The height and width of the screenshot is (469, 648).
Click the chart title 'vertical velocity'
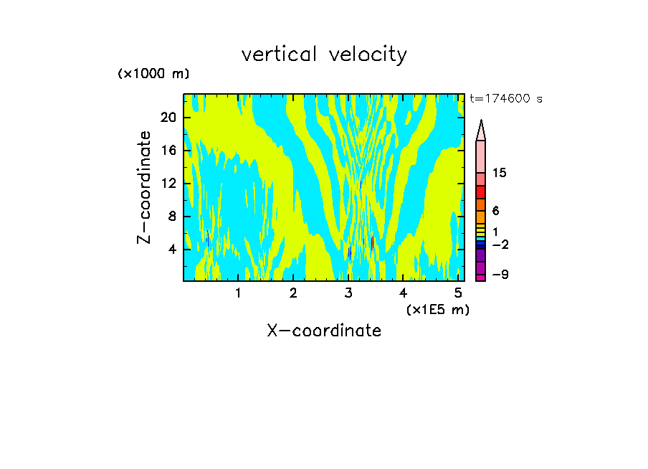(324, 55)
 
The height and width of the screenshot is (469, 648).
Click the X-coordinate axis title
(324, 331)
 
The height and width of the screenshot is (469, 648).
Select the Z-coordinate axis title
(145, 186)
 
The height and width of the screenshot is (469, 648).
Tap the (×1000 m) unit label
(153, 75)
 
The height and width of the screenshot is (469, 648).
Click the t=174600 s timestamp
(505, 99)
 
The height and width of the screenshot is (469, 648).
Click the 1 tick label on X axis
(238, 293)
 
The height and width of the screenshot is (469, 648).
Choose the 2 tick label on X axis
(293, 293)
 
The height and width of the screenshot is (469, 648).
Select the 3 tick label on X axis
(348, 293)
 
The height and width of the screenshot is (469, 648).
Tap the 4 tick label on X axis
(404, 293)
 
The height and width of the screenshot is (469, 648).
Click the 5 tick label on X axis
(459, 293)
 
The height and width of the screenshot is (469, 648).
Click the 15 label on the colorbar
(500, 174)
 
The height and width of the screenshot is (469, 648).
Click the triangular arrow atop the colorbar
(481, 130)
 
